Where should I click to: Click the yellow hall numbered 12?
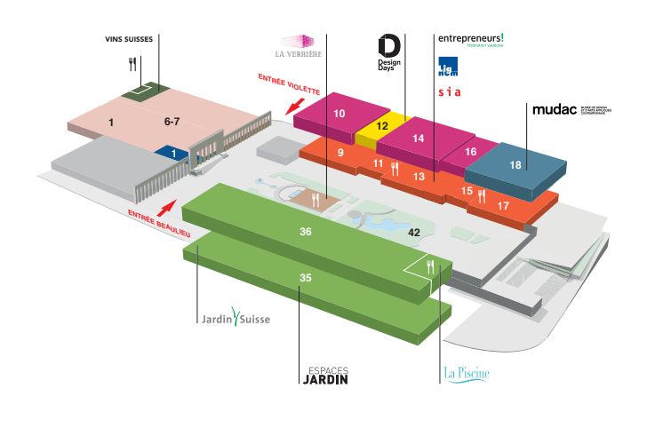[381, 127]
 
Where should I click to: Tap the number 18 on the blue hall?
[515, 164]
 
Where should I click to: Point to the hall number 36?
[305, 231]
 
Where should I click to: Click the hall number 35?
[305, 278]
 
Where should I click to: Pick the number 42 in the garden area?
[413, 232]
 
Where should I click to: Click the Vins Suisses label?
[129, 40]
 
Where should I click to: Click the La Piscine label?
[466, 373]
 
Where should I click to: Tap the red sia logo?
[448, 91]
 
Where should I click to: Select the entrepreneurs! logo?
[470, 40]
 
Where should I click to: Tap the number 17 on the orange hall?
[503, 206]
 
